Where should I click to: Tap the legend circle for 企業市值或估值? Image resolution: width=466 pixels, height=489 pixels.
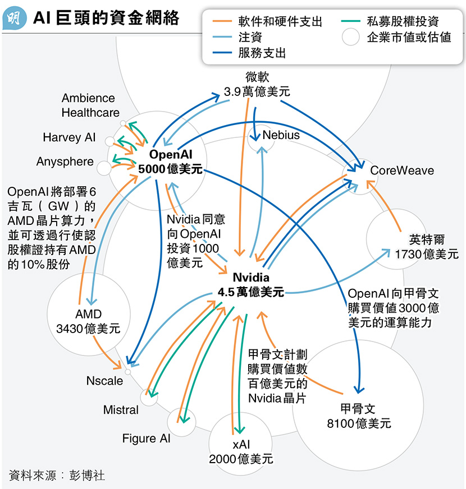click(x=351, y=38)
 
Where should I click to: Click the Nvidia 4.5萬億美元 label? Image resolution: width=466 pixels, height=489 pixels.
click(x=251, y=284)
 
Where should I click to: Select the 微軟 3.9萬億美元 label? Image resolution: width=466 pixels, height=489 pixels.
click(x=257, y=84)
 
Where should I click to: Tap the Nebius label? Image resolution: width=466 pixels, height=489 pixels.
click(x=281, y=135)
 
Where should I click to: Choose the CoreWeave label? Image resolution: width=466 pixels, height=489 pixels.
click(x=402, y=170)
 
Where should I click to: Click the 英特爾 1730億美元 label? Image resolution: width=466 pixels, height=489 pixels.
click(x=426, y=246)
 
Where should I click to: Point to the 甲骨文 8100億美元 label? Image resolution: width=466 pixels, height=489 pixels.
click(x=358, y=416)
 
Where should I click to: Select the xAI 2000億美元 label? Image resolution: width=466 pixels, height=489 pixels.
click(x=241, y=451)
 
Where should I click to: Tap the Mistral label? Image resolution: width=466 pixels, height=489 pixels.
click(x=121, y=410)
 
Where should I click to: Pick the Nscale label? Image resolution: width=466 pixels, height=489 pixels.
click(x=104, y=381)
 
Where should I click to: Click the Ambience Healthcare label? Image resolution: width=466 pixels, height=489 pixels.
click(x=90, y=105)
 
